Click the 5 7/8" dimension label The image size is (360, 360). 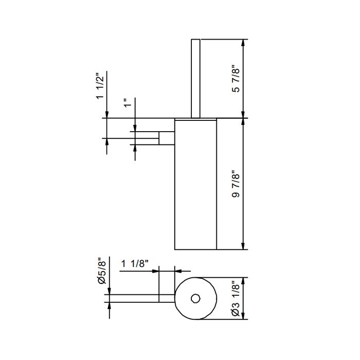pyautogui.click(x=236, y=80)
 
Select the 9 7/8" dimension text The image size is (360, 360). pyautogui.click(x=236, y=184)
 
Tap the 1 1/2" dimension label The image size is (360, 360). pyautogui.click(x=100, y=86)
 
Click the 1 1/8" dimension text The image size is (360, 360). pyautogui.click(x=135, y=263)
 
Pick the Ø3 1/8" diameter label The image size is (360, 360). pyautogui.click(x=236, y=298)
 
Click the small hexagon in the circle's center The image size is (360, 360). pyautogui.click(x=195, y=298)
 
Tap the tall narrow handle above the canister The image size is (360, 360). pyautogui.click(x=195, y=79)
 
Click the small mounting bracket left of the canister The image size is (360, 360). pyautogui.click(x=167, y=138)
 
